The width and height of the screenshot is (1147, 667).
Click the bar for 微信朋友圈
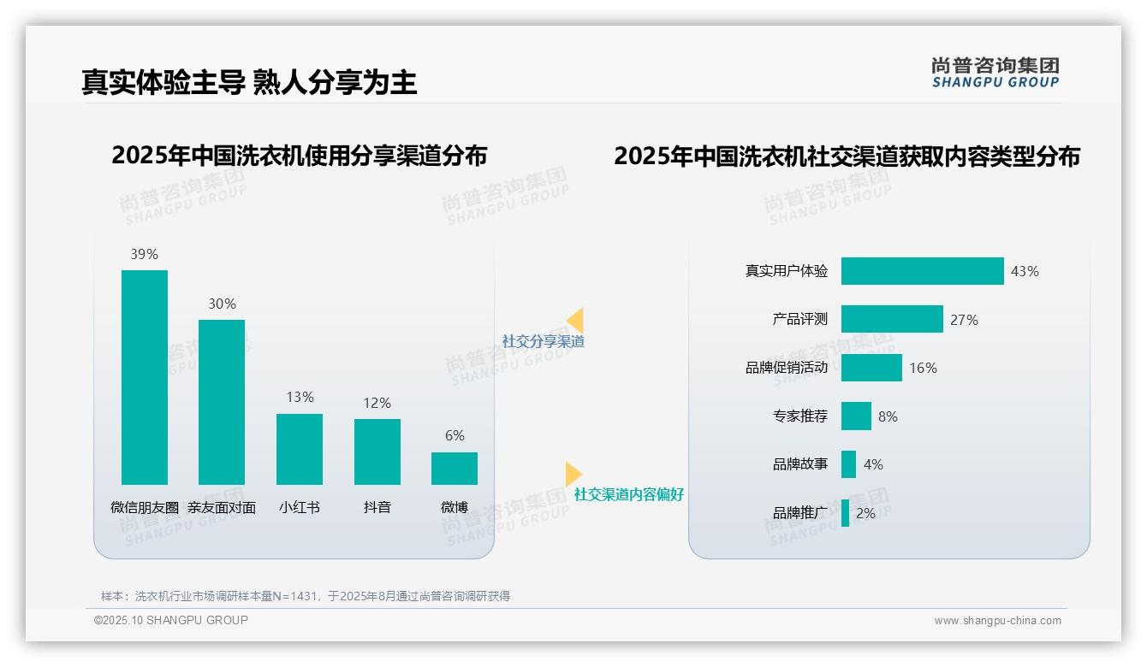pyautogui.click(x=145, y=377)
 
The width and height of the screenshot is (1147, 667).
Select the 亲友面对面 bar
pyautogui.click(x=222, y=402)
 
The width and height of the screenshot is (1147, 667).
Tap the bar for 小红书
pyautogui.click(x=300, y=449)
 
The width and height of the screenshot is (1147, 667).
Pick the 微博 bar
pyautogui.click(x=455, y=469)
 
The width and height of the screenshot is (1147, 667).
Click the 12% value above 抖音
pyautogui.click(x=377, y=403)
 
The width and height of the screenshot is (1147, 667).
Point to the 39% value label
pyautogui.click(x=144, y=254)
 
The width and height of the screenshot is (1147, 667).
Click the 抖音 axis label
pyautogui.click(x=377, y=507)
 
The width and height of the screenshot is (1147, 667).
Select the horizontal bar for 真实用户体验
pyautogui.click(x=922, y=271)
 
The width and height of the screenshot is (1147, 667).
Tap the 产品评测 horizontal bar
pyautogui.click(x=892, y=319)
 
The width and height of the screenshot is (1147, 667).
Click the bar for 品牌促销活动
pyautogui.click(x=871, y=368)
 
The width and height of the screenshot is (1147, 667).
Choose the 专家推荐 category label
pyautogui.click(x=800, y=416)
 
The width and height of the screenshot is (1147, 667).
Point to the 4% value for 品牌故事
pyautogui.click(x=873, y=464)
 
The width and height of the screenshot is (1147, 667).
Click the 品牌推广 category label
pyautogui.click(x=800, y=513)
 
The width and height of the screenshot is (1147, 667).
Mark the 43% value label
pyautogui.click(x=1025, y=271)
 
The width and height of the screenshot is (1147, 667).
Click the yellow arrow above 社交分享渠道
pyautogui.click(x=575, y=321)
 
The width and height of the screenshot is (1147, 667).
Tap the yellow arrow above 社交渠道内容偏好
pyautogui.click(x=573, y=474)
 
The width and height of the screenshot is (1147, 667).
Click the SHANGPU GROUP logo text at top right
pyautogui.click(x=995, y=82)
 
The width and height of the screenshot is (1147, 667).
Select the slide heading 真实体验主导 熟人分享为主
pyautogui.click(x=249, y=82)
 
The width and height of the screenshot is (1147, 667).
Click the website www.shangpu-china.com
pyautogui.click(x=997, y=621)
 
